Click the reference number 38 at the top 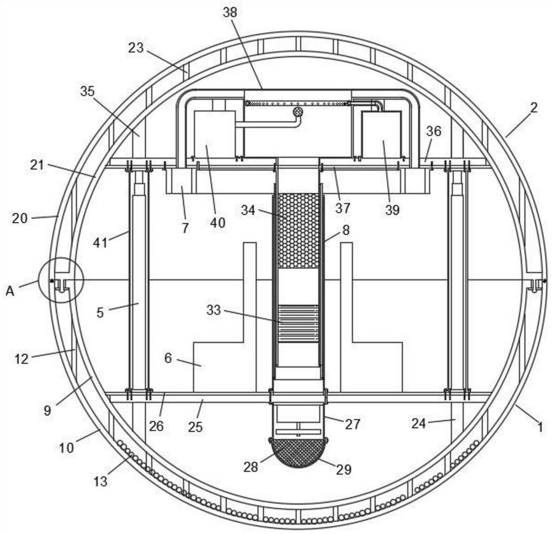(x=230, y=12)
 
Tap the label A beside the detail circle (x=10, y=292)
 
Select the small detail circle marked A (x=61, y=281)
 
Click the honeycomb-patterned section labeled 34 (x=298, y=231)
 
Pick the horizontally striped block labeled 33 (x=298, y=324)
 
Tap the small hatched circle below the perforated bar (x=298, y=112)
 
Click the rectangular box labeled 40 (x=215, y=134)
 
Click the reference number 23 (x=136, y=47)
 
